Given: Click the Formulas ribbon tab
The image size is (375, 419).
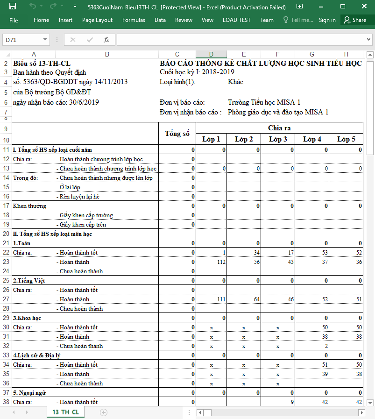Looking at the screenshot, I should (x=134, y=20).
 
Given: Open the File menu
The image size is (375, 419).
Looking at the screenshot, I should (x=14, y=20).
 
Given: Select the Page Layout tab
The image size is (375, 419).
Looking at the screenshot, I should (x=97, y=20).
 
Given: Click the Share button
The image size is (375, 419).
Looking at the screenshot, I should (x=354, y=20).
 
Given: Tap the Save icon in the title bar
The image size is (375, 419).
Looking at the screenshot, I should (x=13, y=7).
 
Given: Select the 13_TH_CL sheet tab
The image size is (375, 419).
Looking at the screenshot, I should (x=65, y=412).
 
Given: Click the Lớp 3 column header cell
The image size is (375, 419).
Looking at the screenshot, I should (x=278, y=139).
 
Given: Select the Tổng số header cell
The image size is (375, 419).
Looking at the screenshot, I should (x=177, y=134).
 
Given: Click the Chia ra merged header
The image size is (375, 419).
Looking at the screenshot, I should (x=279, y=128).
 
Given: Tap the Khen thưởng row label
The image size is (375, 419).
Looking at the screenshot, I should (x=29, y=206).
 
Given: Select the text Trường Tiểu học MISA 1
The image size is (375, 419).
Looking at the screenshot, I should (x=264, y=102).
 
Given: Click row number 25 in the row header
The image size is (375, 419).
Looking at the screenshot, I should (x=6, y=281).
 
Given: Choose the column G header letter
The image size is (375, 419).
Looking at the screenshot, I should (x=312, y=54).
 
